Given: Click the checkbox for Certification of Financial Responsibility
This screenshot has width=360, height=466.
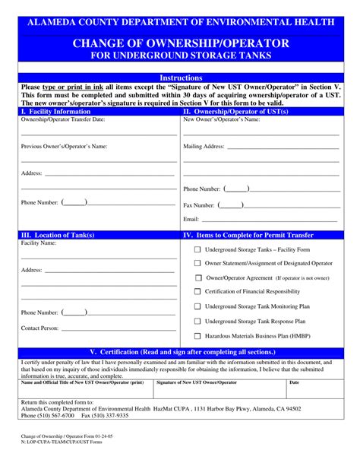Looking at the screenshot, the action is tap(198, 291).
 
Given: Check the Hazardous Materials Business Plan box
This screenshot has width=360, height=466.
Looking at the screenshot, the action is tap(198, 335).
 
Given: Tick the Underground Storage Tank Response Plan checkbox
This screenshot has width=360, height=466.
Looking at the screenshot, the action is tap(198, 321).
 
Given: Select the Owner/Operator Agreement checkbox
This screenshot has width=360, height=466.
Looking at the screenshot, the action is tap(198, 277).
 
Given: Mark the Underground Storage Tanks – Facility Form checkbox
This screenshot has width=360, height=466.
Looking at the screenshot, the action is tap(198, 249).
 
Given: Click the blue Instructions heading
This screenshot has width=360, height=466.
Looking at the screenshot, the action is tap(181, 78).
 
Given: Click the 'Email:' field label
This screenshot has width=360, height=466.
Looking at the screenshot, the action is tap(191, 219).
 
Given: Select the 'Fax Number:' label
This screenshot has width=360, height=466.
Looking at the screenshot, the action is tap(199, 205).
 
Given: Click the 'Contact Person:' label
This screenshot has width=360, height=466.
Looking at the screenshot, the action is tap(40, 328).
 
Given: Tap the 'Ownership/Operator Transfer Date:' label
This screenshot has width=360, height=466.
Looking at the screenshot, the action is tap(62, 119).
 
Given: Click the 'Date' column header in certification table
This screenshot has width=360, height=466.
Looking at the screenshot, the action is tap(294, 382).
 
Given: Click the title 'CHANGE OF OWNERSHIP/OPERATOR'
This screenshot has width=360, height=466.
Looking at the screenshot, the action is tap(181, 43).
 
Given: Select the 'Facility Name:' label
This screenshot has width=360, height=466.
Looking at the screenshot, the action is tap(38, 244).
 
